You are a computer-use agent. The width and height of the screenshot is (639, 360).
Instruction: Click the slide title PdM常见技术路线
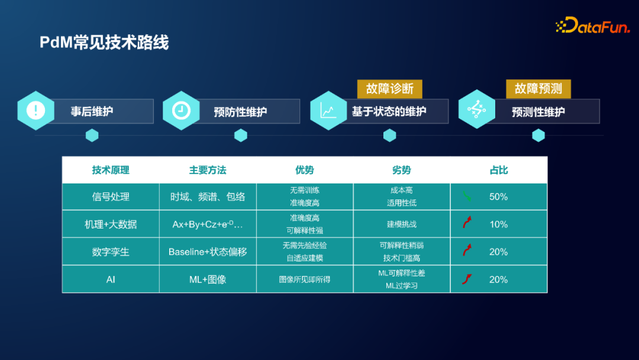(104, 43)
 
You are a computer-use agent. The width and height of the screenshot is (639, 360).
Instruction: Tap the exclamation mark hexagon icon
(36, 111)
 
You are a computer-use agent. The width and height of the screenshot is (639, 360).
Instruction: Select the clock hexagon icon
(181, 111)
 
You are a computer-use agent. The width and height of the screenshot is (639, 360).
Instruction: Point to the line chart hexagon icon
(328, 111)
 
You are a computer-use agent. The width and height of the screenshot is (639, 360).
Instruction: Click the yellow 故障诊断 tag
(389, 89)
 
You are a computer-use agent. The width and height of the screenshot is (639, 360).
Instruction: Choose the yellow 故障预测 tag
(538, 89)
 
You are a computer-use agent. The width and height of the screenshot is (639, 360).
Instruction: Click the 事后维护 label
(92, 111)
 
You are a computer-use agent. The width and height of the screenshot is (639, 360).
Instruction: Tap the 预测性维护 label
(538, 111)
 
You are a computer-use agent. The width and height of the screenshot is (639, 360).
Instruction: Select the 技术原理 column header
(111, 170)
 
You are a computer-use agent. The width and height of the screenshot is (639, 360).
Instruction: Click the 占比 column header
(499, 170)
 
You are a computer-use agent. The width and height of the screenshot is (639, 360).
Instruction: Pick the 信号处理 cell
(111, 197)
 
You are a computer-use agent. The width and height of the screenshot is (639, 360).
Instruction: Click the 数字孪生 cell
(111, 252)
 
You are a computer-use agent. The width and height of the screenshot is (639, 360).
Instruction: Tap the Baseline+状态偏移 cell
(208, 252)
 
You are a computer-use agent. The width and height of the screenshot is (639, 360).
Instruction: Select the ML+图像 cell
(208, 279)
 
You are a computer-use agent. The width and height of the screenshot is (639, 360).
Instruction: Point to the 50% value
(499, 197)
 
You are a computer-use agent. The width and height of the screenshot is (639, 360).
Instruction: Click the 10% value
(499, 224)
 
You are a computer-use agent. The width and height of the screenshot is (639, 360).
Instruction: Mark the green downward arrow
(467, 196)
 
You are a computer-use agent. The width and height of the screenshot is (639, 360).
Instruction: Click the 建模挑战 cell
(402, 224)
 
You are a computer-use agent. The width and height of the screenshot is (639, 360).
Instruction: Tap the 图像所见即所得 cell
(305, 279)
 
